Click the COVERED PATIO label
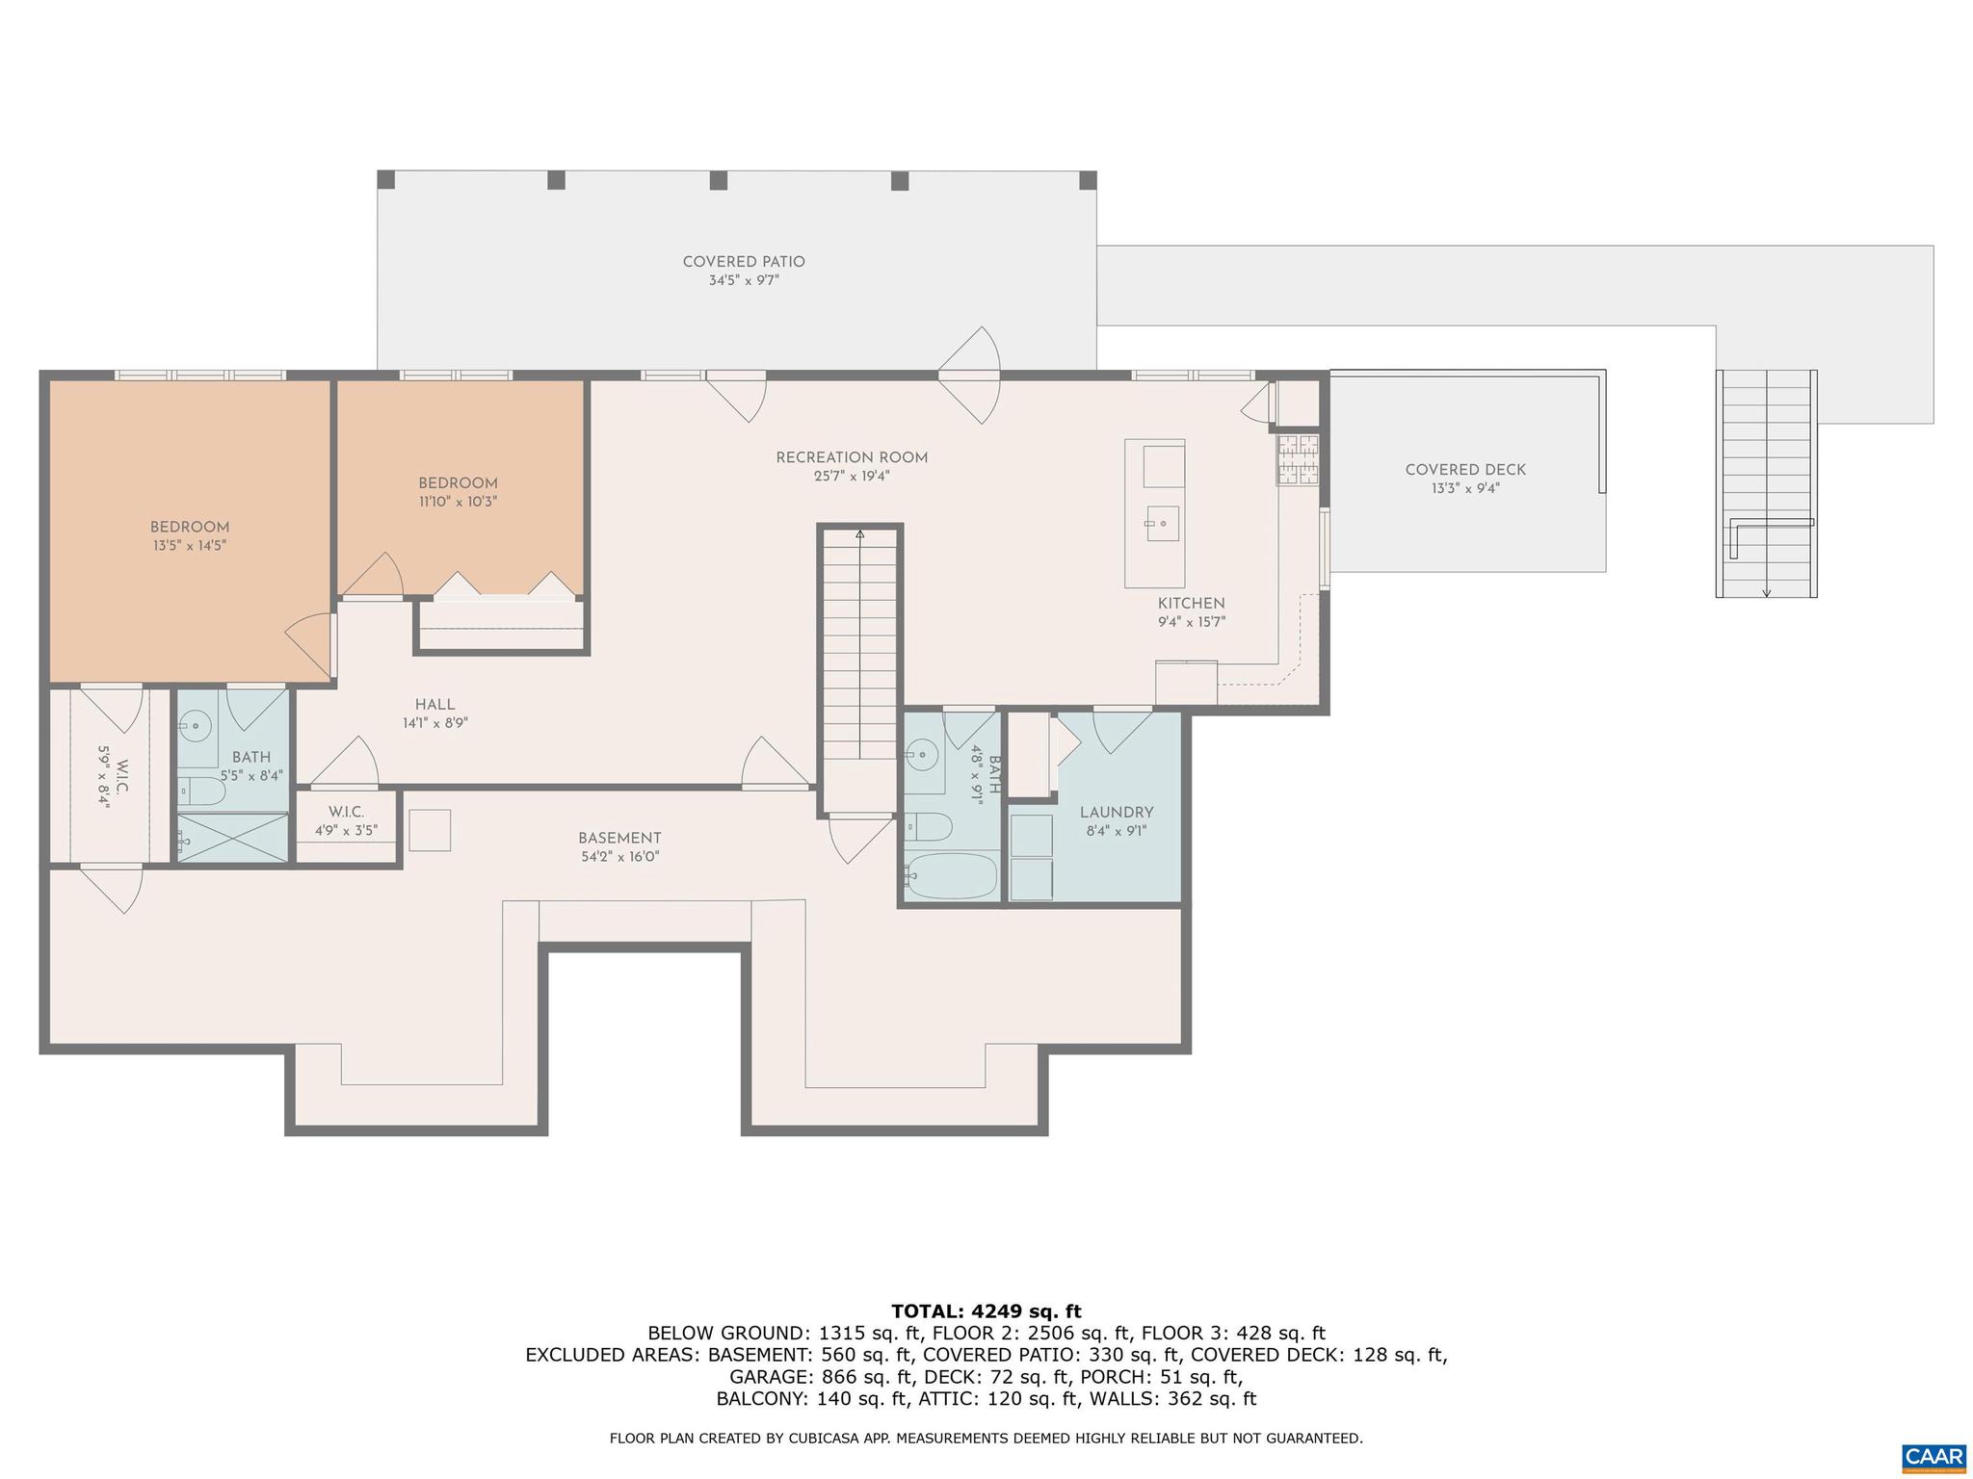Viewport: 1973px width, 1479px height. pos(744,262)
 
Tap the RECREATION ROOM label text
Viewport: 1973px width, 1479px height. pos(852,458)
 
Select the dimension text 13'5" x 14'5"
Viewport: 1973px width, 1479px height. pos(188,546)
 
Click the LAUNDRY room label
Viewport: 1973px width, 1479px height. pos(1117,813)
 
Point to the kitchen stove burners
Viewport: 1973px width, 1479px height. pos(1298,460)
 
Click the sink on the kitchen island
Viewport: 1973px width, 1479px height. pos(1162,523)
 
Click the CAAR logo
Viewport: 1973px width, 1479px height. pos(1934,1455)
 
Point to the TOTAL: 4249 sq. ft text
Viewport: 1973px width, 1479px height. pos(986,1311)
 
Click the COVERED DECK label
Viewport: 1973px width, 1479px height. pos(1465,471)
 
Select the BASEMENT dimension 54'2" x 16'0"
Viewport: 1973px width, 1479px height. pos(619,857)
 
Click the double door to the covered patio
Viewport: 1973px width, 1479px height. pos(970,376)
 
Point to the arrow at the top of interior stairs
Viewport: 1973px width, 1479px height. pos(859,533)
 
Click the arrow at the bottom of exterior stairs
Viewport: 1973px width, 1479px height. pos(1766,591)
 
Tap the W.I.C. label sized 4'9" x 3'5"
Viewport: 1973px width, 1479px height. pos(346,813)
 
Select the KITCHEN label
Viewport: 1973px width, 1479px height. pos(1192,604)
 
